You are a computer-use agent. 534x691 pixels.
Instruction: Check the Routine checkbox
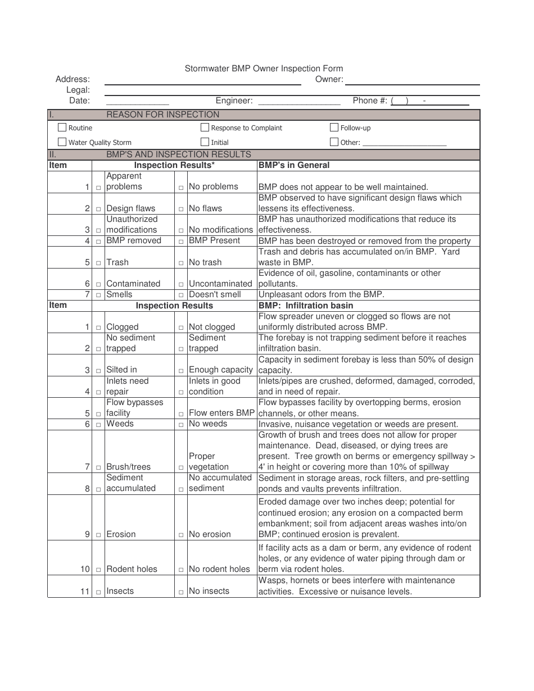click(62, 128)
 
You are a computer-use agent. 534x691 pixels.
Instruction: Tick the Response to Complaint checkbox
click(205, 128)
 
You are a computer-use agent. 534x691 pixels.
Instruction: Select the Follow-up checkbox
click(334, 128)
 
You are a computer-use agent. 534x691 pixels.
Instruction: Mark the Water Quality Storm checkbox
click(62, 142)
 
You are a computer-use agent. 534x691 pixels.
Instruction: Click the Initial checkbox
click(205, 142)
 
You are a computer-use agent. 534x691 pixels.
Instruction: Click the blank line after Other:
click(405, 144)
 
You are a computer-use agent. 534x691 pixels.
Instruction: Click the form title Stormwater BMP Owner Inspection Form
click(264, 69)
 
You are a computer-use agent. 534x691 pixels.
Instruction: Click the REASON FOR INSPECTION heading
click(162, 115)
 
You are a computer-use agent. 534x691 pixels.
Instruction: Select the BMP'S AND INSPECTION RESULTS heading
click(178, 154)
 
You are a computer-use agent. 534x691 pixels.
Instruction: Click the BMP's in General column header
click(294, 165)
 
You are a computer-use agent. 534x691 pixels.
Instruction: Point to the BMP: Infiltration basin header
click(306, 306)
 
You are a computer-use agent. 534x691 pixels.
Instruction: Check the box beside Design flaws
click(98, 209)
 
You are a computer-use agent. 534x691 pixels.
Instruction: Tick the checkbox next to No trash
click(181, 263)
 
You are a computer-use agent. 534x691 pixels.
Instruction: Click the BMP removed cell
click(133, 240)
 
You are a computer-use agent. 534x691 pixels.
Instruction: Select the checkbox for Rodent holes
click(98, 570)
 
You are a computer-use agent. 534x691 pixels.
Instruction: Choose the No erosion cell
click(210, 534)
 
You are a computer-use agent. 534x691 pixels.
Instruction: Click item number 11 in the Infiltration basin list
click(85, 591)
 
